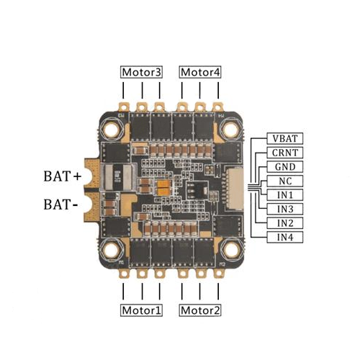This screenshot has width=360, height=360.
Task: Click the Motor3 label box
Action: (141, 72)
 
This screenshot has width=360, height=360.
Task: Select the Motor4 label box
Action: (200, 72)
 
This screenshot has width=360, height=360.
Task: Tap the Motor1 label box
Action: (141, 310)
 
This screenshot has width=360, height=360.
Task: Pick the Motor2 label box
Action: (200, 310)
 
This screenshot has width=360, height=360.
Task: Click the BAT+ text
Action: (63, 176)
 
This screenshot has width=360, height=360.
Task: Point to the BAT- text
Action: (60, 204)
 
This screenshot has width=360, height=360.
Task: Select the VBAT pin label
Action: (285, 138)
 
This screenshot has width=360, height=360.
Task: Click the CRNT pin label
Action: (285, 153)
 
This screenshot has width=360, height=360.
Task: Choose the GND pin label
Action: (285, 167)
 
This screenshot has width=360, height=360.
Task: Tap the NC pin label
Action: (285, 181)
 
